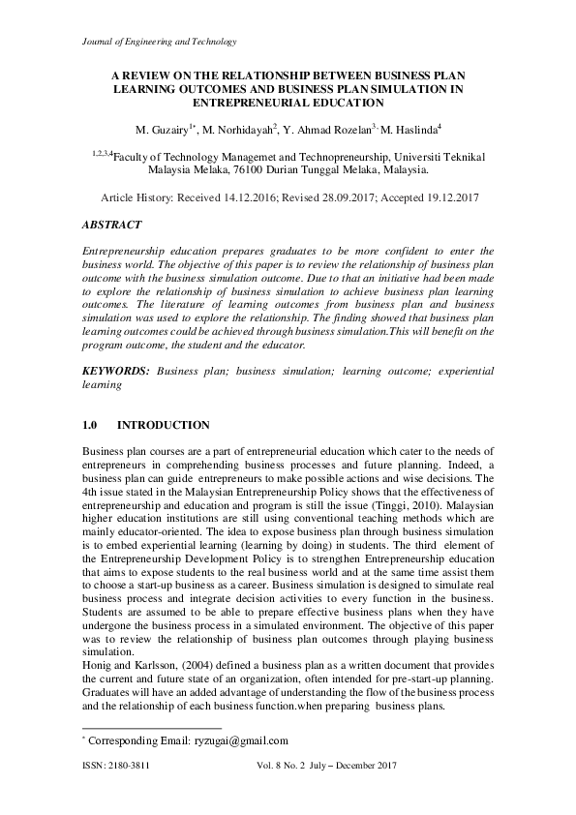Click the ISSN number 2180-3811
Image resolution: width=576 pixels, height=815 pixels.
128,765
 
